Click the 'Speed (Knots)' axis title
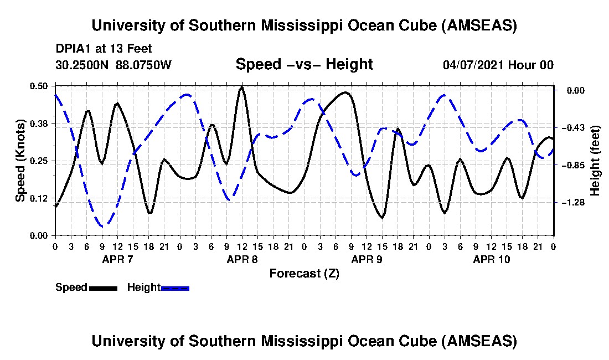(20, 160)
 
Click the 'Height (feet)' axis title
(595, 161)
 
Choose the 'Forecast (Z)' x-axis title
(304, 273)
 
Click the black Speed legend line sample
(103, 288)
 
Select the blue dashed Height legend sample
(175, 288)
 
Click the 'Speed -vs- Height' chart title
(304, 64)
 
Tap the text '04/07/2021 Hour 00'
(498, 65)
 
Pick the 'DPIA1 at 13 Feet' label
(104, 49)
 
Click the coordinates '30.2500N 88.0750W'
(113, 65)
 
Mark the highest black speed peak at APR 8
(241, 87)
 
